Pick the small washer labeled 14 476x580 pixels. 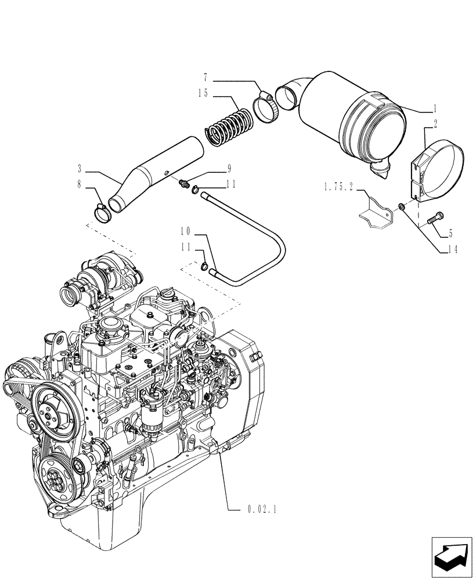[x=401, y=206]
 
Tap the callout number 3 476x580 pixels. [x=80, y=170]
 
